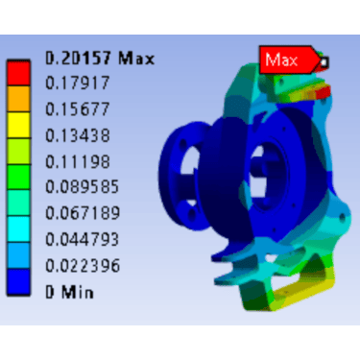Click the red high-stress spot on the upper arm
coord(321,92)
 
